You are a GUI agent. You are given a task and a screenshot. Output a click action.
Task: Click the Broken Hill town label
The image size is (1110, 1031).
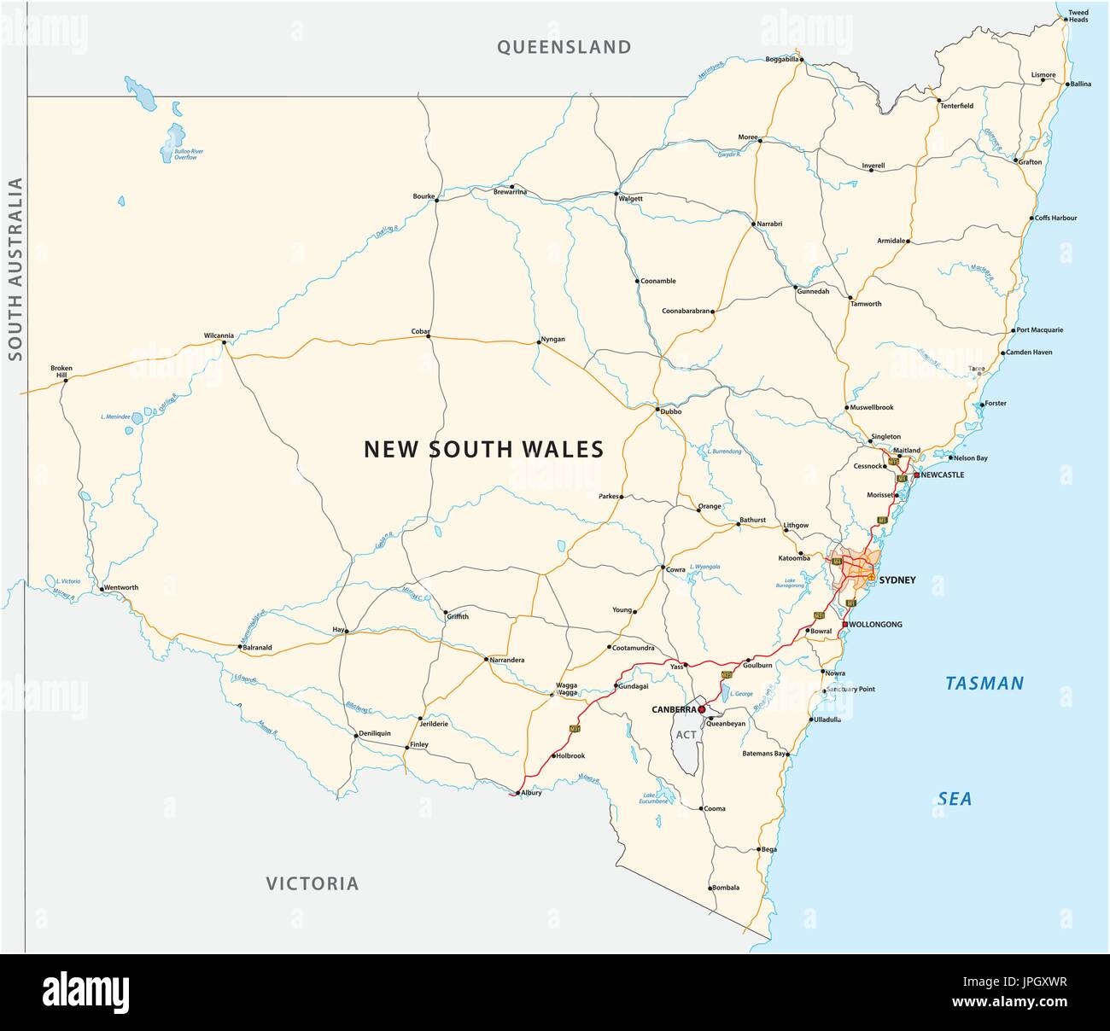tap(61, 371)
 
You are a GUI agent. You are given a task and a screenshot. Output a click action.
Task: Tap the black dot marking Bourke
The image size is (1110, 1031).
tap(437, 198)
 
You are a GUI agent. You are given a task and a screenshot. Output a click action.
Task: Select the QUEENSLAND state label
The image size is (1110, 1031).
tap(564, 47)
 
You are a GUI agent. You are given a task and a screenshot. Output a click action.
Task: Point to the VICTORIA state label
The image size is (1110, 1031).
tap(312, 883)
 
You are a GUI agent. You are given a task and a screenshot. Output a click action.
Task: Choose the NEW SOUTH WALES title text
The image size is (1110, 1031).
tap(484, 448)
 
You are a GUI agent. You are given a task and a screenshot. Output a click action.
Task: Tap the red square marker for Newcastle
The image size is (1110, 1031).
tap(916, 475)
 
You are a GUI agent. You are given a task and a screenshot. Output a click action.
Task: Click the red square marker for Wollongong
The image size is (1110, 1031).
tap(844, 625)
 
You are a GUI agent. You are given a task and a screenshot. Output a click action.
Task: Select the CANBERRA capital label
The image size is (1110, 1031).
tap(675, 709)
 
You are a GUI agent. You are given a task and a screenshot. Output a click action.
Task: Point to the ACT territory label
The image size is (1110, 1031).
tap(686, 734)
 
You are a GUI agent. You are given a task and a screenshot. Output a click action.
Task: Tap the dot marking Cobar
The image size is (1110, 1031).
tap(429, 336)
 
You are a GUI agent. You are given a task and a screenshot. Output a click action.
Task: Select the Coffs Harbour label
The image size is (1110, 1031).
tap(1056, 218)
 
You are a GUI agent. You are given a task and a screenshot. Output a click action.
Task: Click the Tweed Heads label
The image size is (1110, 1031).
tap(1078, 15)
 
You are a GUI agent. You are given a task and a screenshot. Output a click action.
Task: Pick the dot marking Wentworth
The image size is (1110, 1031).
tap(101, 589)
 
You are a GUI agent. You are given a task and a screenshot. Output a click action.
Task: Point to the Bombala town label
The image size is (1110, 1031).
tap(725, 888)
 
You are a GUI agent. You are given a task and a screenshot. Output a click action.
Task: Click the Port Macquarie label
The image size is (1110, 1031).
tap(1040, 329)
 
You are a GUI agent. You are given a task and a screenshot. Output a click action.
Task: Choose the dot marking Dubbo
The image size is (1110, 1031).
tap(657, 411)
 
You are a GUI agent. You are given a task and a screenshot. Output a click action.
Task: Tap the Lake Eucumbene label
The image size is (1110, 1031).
tap(652, 799)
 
